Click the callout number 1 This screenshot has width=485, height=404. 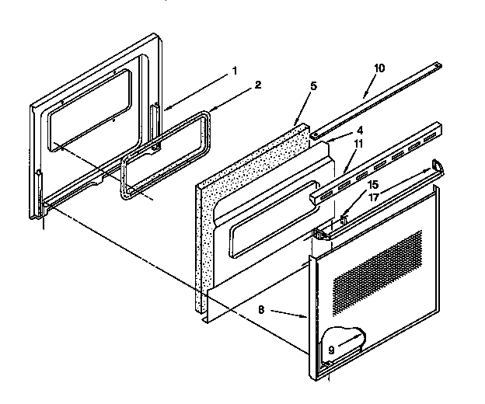[234, 71]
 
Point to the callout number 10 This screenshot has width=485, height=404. [379, 68]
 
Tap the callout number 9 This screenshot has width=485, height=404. [331, 350]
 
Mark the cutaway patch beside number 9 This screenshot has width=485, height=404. [346, 340]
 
